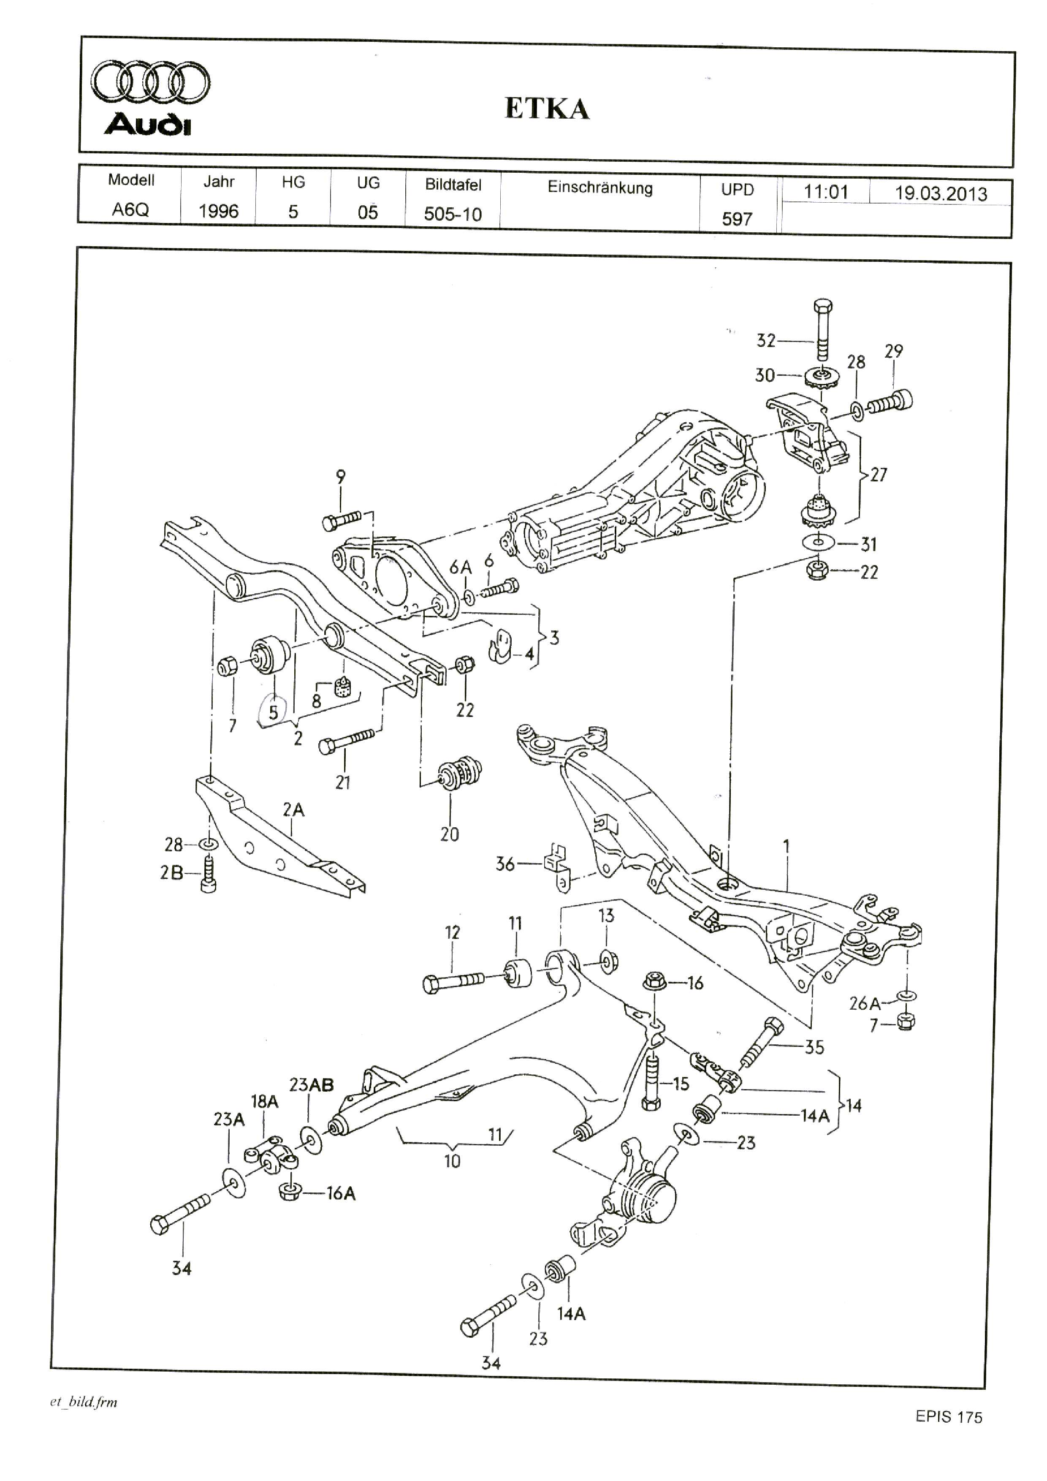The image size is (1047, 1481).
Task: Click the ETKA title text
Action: [x=547, y=109]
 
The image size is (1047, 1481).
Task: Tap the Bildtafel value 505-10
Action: [x=453, y=214]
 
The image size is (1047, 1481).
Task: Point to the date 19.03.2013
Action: [x=941, y=193]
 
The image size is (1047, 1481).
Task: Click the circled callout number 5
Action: [x=273, y=712]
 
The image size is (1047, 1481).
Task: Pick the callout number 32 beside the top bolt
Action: [x=766, y=340]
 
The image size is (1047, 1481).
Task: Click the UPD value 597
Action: [x=737, y=219]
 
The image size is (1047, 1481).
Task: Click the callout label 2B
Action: [x=171, y=873]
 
